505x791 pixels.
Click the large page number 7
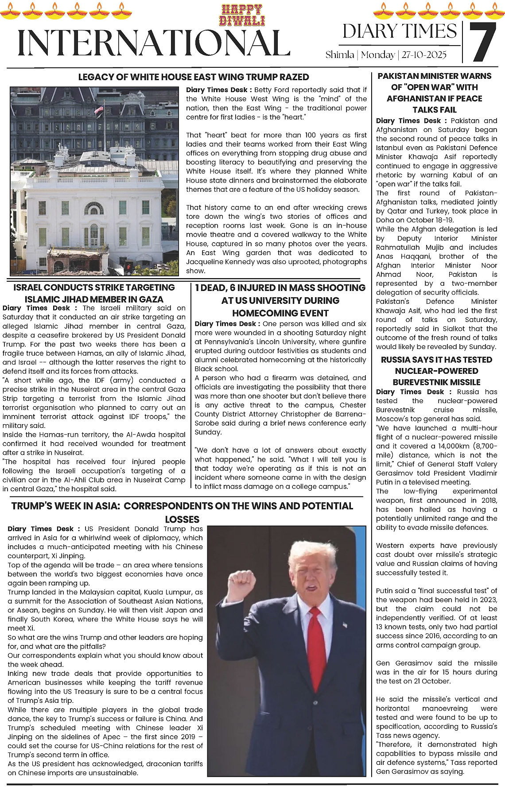coord(482,42)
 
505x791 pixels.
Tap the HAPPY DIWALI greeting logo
coord(242,15)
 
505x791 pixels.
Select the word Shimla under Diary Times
coord(340,55)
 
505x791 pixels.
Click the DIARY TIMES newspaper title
coord(399,31)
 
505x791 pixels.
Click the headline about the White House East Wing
coord(194,77)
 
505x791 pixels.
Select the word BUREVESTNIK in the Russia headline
coord(424,382)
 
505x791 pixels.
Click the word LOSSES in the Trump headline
coord(182,519)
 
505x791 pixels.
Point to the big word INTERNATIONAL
coord(154,43)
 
